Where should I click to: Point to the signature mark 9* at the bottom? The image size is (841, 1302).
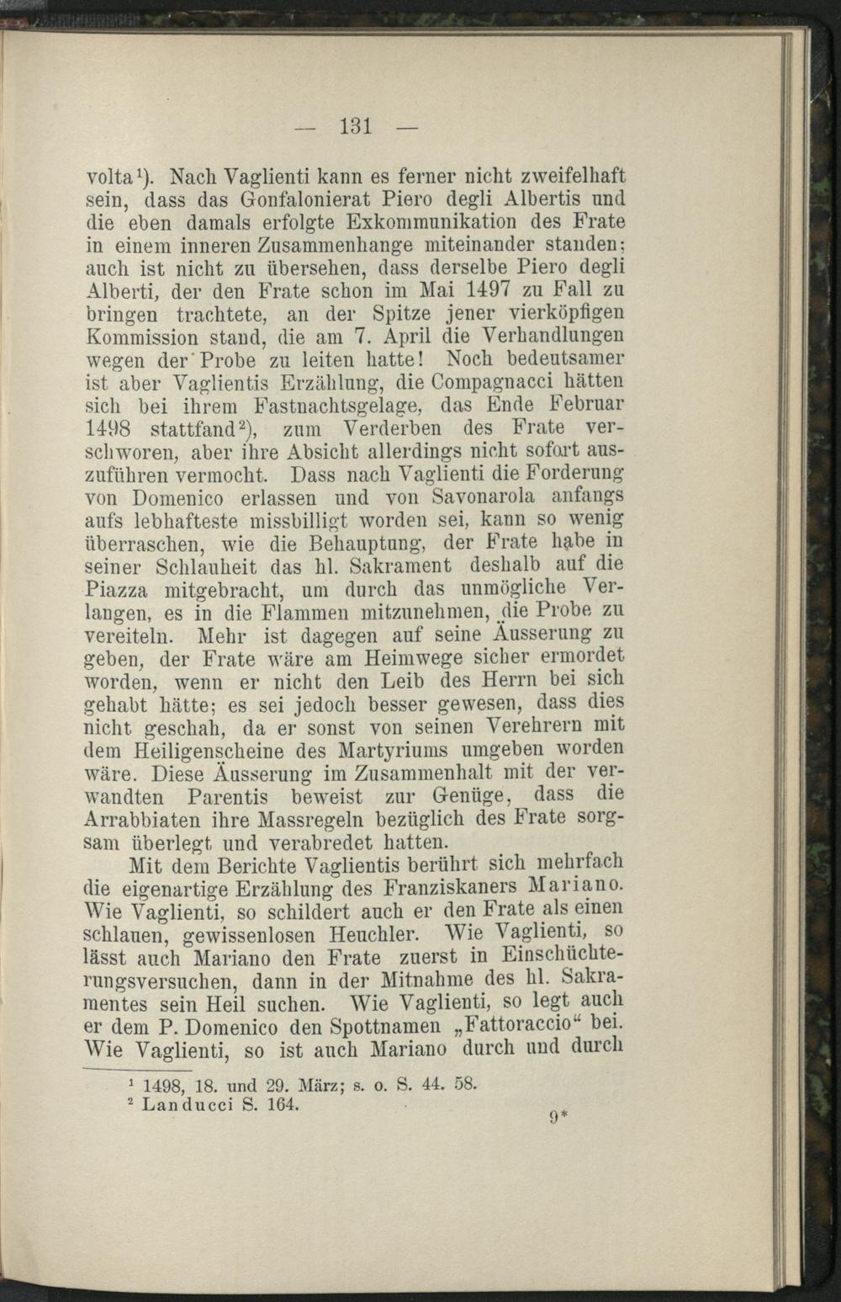click(x=559, y=1118)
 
